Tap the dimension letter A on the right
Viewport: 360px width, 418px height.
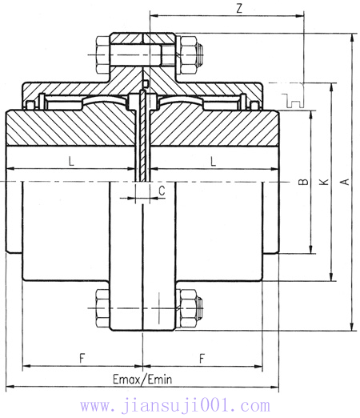[344, 183]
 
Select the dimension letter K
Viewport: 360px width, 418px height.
[324, 183]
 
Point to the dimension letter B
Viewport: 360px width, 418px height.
[303, 183]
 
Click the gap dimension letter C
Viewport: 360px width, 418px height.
[161, 191]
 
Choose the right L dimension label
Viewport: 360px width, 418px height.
[213, 161]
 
